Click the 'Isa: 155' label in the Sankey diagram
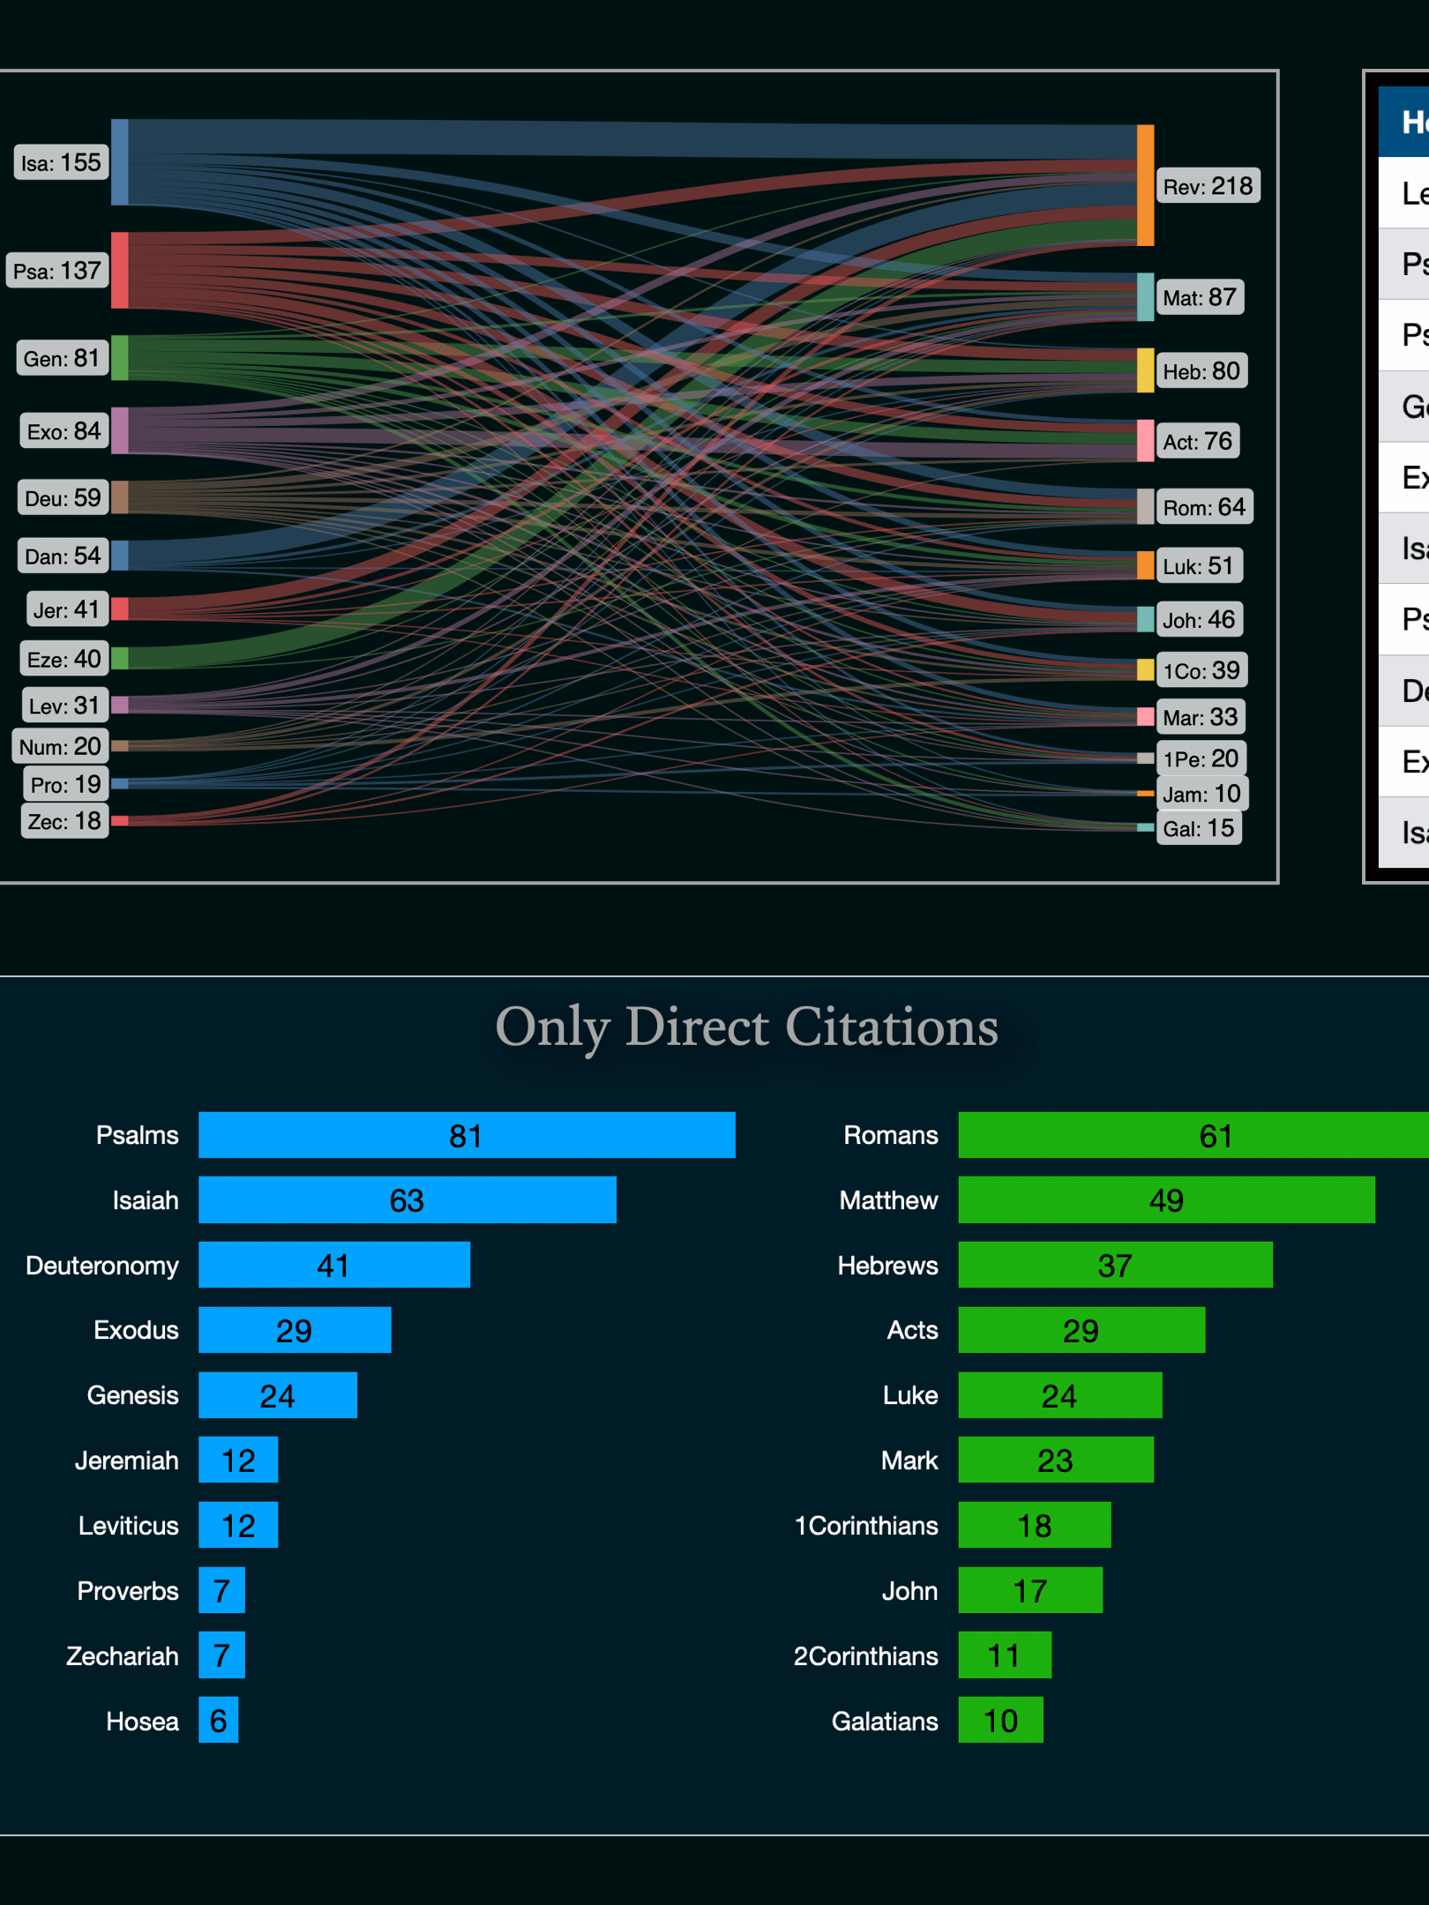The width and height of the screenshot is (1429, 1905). click(x=61, y=163)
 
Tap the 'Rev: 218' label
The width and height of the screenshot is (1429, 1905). click(x=1207, y=186)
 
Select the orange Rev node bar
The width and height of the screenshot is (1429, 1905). click(x=1145, y=185)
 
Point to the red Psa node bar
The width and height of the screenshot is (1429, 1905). click(x=120, y=271)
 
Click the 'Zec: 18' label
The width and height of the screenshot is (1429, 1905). click(x=64, y=821)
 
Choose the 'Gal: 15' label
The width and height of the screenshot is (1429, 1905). click(x=1198, y=828)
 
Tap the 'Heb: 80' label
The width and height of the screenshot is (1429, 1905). click(x=1201, y=371)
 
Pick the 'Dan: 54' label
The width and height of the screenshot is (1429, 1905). click(x=63, y=557)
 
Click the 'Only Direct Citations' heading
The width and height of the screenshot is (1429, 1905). click(x=746, y=1027)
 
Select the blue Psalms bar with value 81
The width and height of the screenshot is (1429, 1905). click(x=467, y=1135)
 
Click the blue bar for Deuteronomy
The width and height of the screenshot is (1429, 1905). click(x=334, y=1266)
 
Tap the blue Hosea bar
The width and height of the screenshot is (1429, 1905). click(x=219, y=1721)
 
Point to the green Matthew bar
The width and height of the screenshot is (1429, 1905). click(x=1166, y=1200)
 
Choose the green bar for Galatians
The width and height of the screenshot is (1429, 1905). click(x=1000, y=1721)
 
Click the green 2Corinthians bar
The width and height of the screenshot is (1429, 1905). click(x=1005, y=1655)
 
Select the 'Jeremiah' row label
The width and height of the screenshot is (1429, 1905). click(x=127, y=1460)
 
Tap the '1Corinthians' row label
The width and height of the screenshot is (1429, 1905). click(x=866, y=1526)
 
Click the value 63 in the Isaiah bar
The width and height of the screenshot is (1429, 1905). click(x=407, y=1200)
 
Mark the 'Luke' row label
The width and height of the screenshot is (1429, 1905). click(x=910, y=1395)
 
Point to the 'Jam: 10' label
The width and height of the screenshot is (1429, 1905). click(x=1201, y=794)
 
